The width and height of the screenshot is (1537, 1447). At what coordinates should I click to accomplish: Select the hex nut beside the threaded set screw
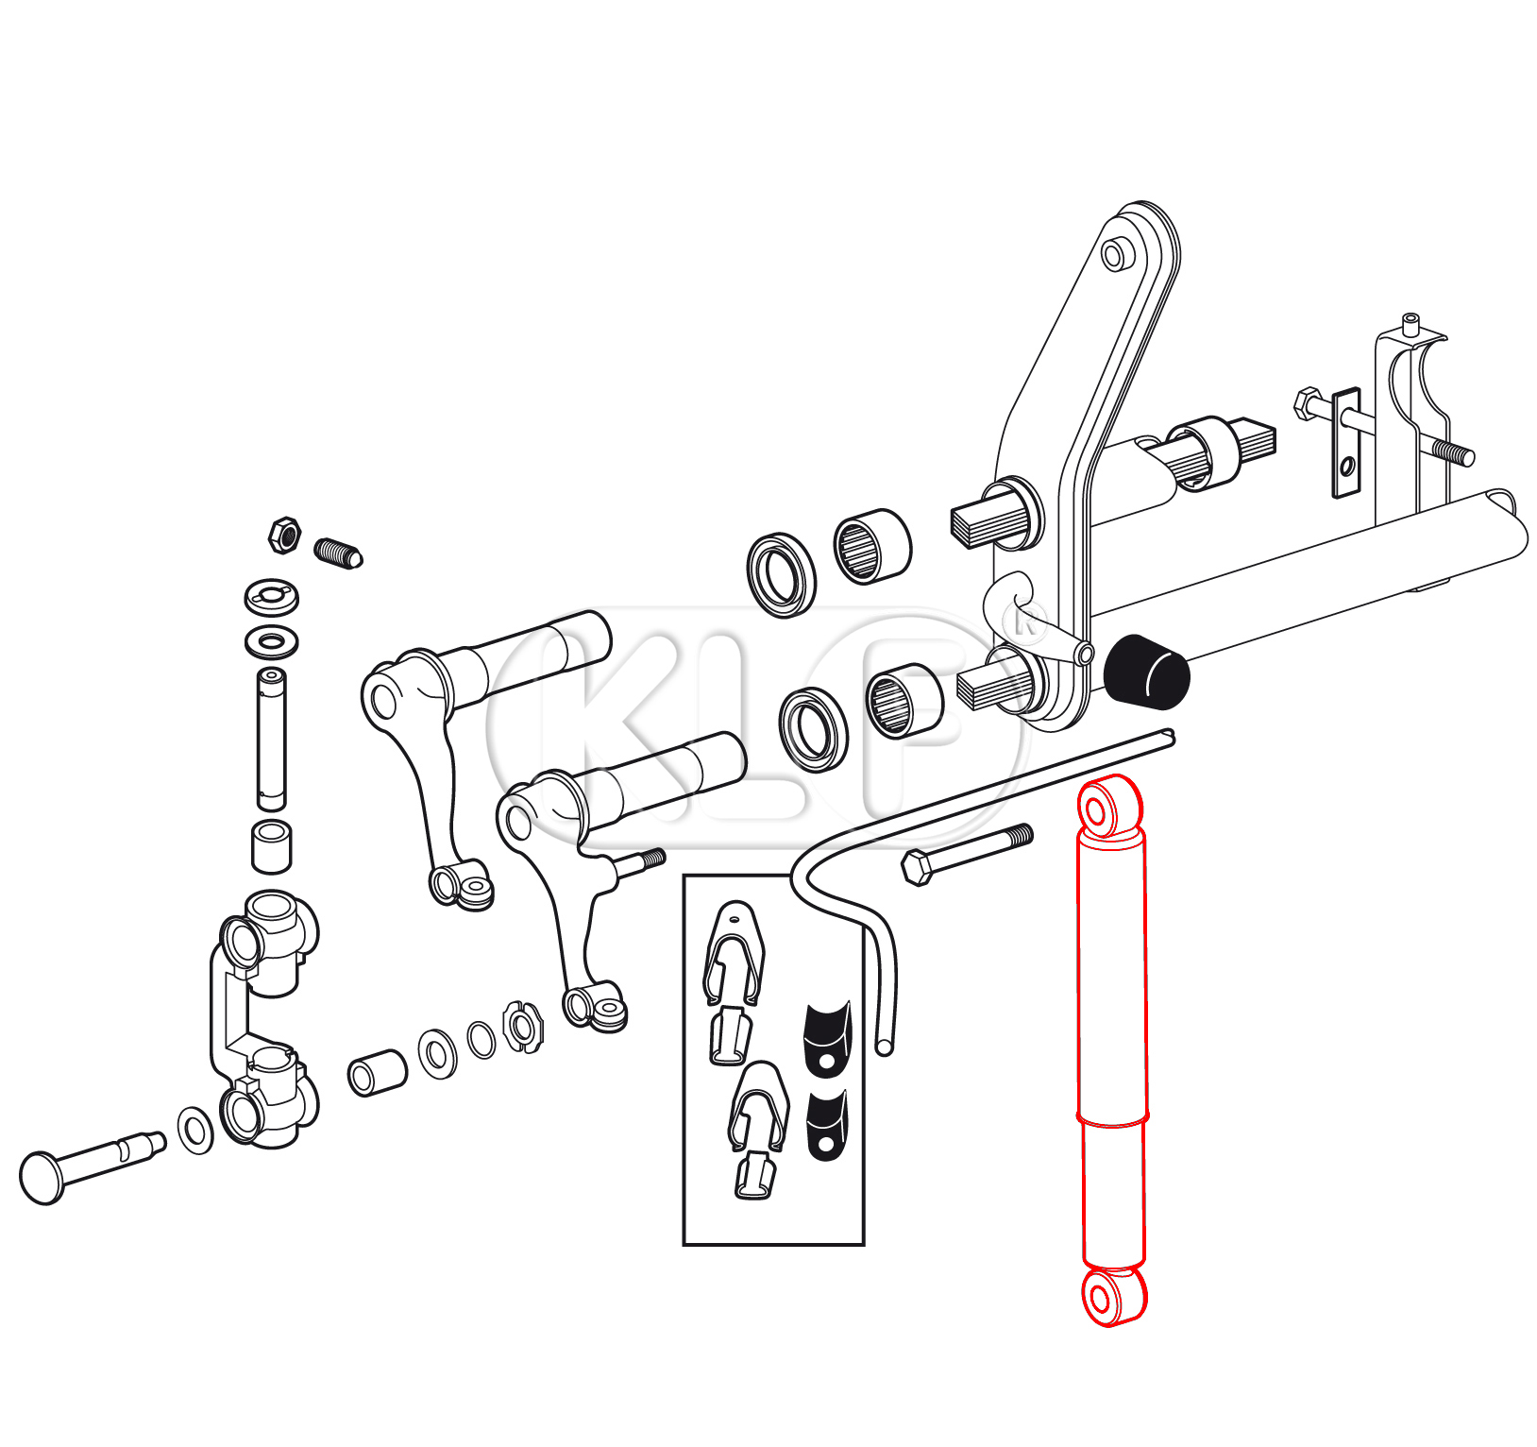pos(283,536)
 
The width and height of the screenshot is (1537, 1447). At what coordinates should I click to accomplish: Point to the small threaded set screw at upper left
pos(338,553)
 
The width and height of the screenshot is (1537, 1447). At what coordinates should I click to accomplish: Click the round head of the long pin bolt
pos(42,1177)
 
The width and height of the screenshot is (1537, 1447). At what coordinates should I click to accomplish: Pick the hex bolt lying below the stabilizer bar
pos(967,853)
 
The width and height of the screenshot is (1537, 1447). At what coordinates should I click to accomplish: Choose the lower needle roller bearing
pos(904,701)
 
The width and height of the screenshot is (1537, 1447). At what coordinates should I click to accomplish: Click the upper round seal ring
pos(781,575)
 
